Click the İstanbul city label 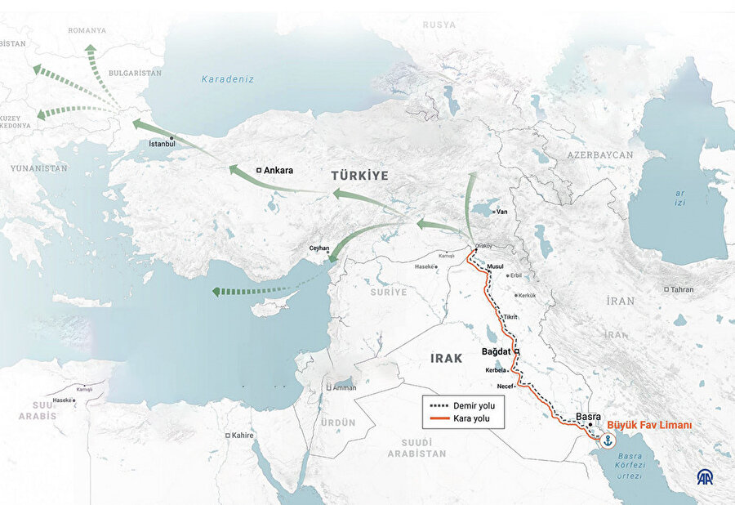click(162, 144)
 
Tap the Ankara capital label click(278, 171)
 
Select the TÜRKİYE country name click(359, 176)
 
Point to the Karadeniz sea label click(229, 79)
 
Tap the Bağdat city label click(496, 351)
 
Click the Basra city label click(589, 416)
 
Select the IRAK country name click(447, 358)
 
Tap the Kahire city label click(243, 436)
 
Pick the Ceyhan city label click(318, 248)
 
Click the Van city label click(502, 212)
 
